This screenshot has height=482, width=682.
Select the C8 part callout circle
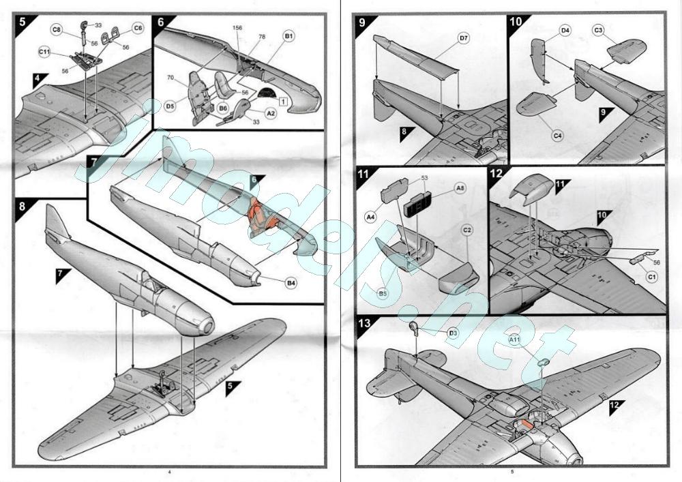[57, 29]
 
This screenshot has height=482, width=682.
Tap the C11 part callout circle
[44, 52]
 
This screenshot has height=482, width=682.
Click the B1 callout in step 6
[288, 35]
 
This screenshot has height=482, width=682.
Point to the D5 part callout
[170, 106]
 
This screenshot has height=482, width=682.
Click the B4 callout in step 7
[291, 281]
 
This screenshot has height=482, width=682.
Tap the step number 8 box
[23, 205]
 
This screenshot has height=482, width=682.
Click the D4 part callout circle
[565, 31]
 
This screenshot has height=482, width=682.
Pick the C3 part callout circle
[598, 30]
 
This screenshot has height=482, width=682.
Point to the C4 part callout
[557, 136]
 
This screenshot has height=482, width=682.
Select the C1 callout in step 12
[651, 277]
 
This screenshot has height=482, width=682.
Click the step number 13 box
[366, 323]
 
